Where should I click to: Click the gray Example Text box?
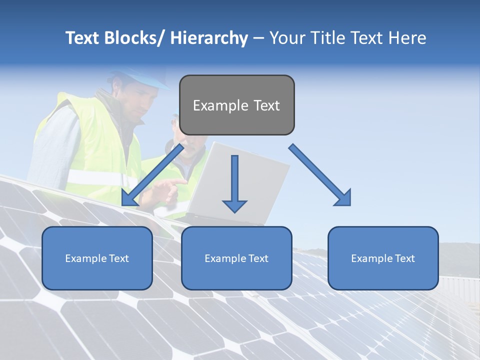(x=236, y=105)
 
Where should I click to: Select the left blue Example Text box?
(x=97, y=258)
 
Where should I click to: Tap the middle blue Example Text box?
(x=236, y=258)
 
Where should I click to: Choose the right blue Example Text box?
(x=383, y=258)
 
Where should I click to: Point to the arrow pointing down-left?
(x=152, y=175)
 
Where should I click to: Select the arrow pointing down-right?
(x=320, y=175)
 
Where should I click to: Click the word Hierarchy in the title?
(x=209, y=38)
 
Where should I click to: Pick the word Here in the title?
(x=407, y=38)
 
